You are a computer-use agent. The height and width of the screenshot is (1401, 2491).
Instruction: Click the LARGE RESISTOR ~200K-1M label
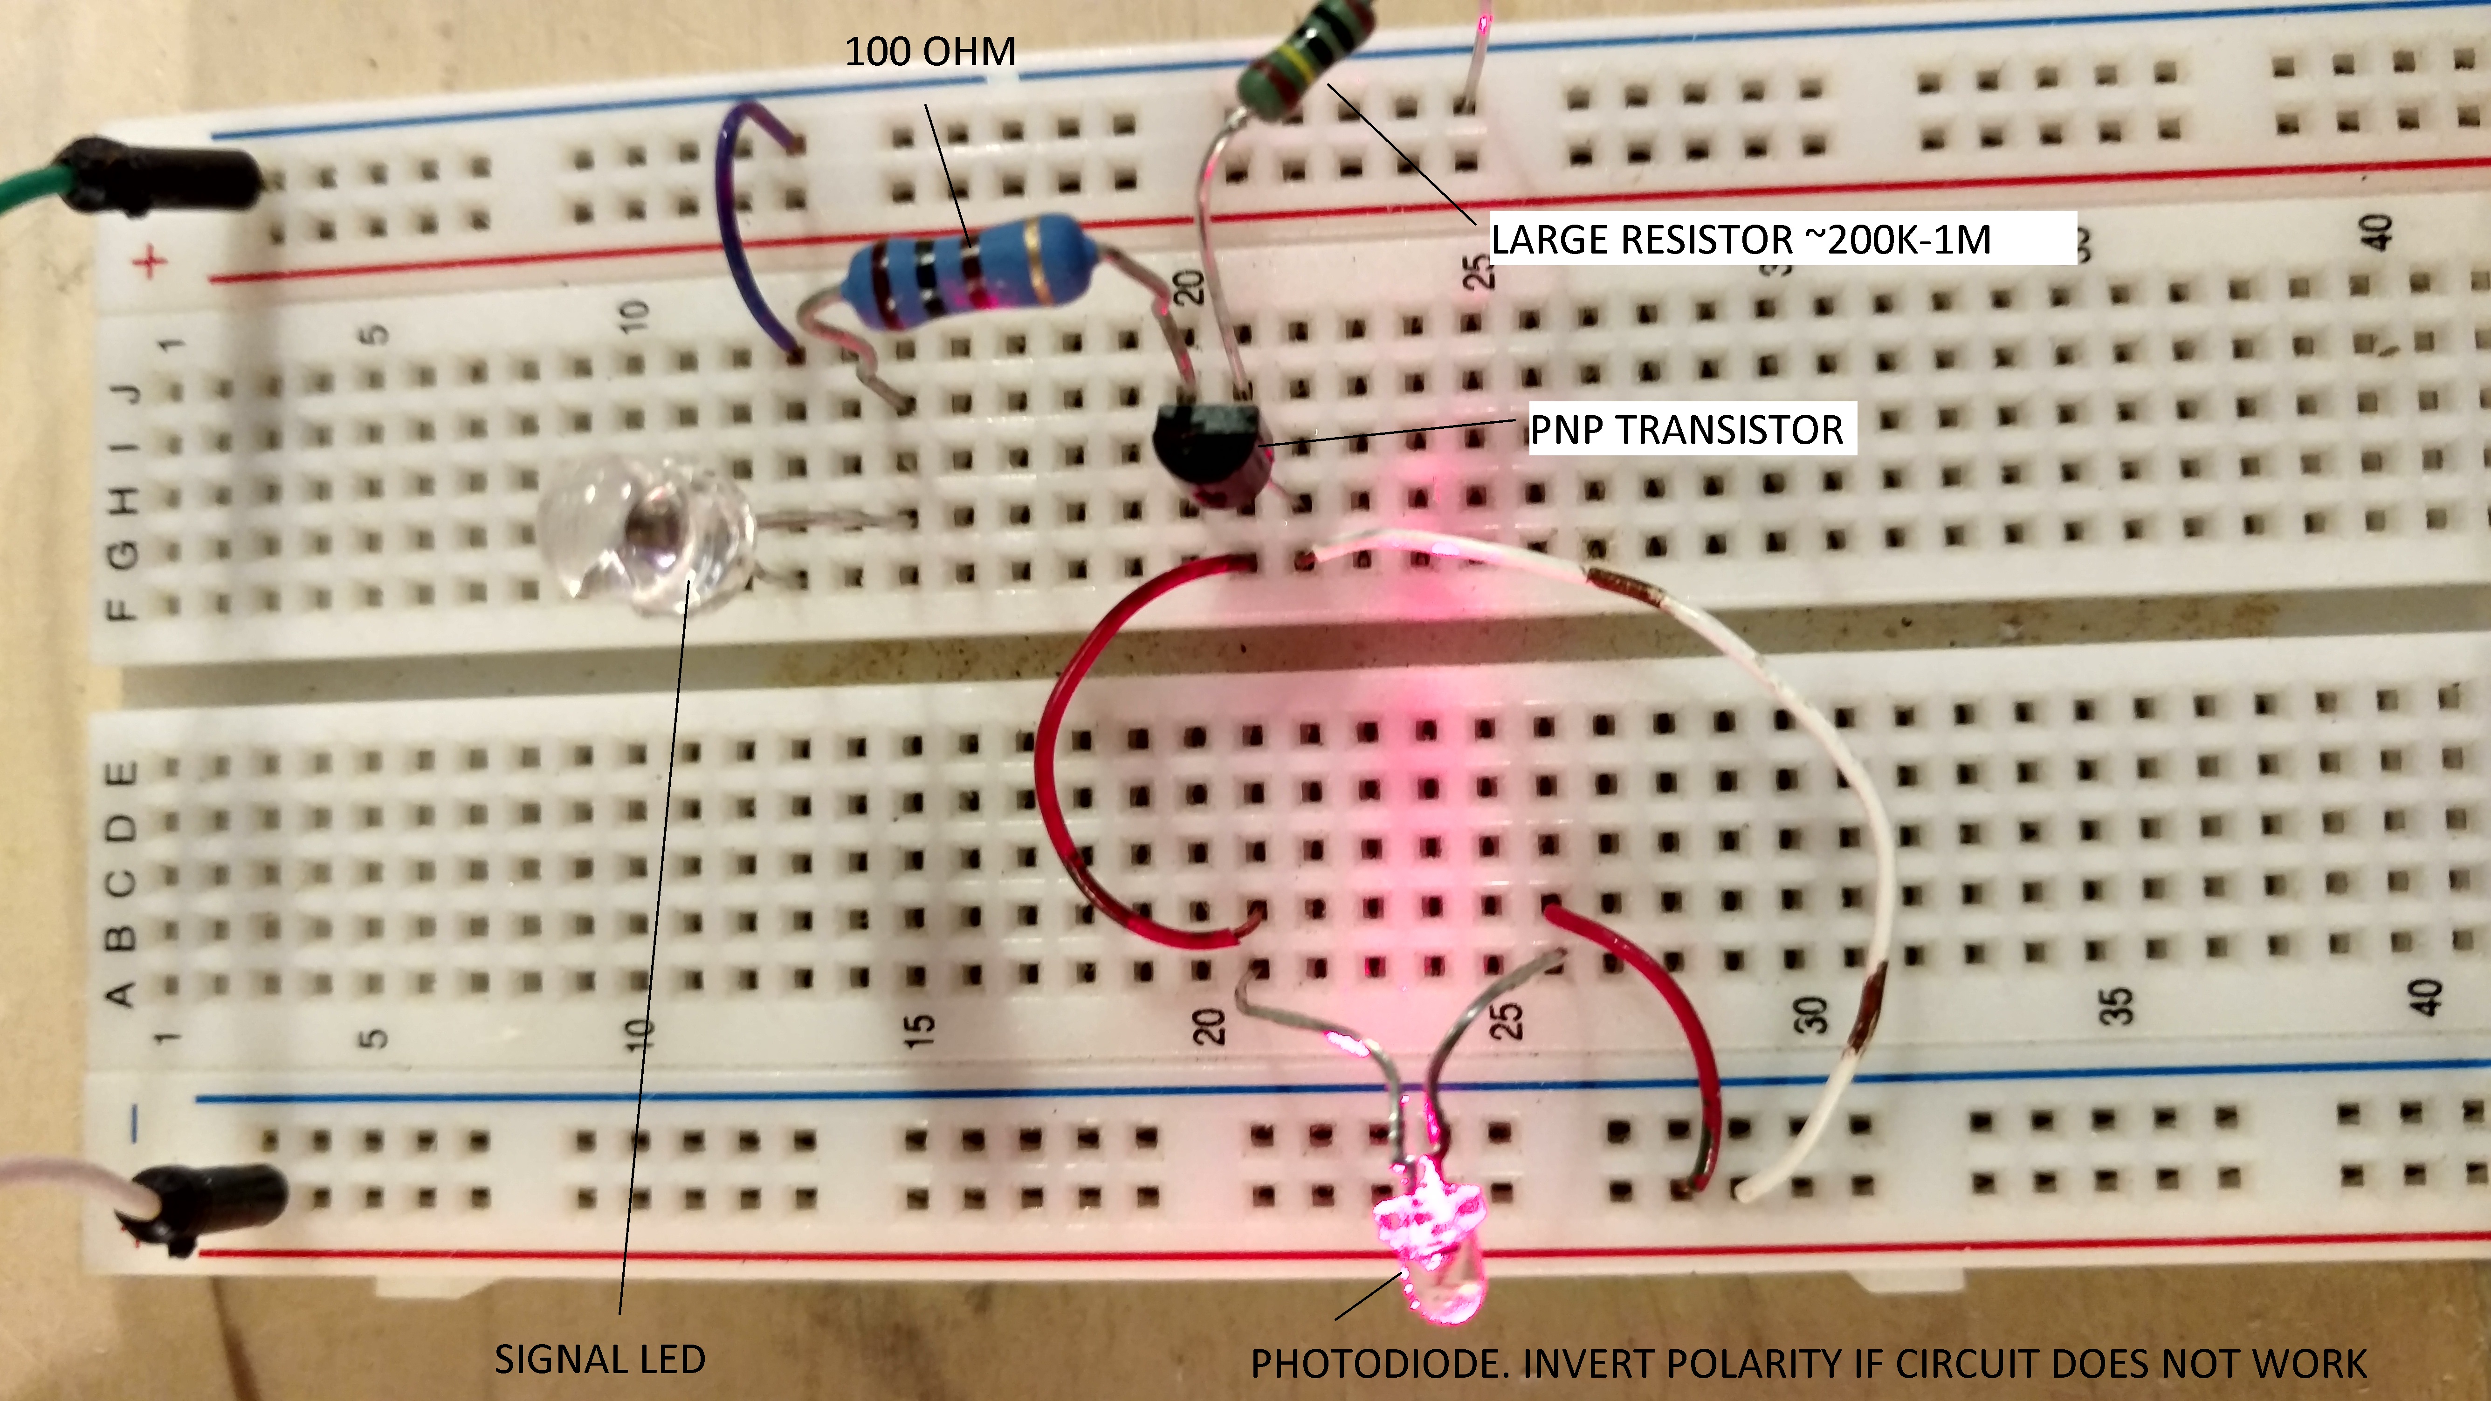point(1741,239)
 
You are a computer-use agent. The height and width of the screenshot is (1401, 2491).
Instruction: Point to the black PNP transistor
point(1209,450)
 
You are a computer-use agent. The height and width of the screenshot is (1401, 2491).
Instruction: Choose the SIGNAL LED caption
point(599,1360)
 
